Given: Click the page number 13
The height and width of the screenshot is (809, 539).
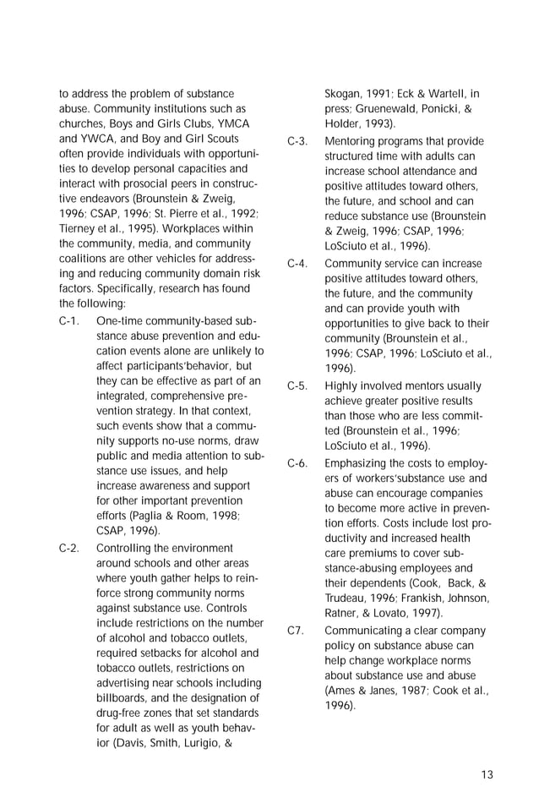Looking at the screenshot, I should pos(487,774).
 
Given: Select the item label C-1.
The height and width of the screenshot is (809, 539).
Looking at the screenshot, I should pos(69,321).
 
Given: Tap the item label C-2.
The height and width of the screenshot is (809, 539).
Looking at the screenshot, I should pos(69,548).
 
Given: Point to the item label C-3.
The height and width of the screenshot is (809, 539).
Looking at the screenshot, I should pos(297,140).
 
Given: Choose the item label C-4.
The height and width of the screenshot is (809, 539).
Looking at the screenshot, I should pos(297,263).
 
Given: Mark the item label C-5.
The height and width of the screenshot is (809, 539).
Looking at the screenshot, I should pos(297,385).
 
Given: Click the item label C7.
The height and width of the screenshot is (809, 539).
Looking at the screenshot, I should pos(295,630).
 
